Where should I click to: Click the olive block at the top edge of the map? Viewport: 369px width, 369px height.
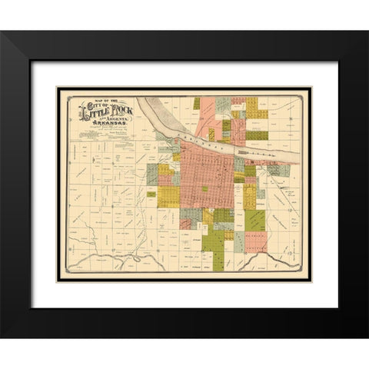click(x=197, y=102)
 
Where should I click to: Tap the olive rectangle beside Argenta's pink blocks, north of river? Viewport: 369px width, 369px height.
click(x=226, y=125)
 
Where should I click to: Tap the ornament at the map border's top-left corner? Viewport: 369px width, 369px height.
click(x=60, y=91)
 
